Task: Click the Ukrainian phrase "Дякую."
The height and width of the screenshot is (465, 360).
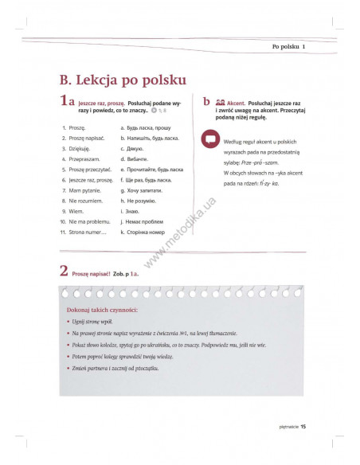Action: [x=134, y=148]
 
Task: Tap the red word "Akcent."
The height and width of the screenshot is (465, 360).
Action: [x=237, y=104]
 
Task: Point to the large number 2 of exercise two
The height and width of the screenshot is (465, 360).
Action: [x=64, y=271]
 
